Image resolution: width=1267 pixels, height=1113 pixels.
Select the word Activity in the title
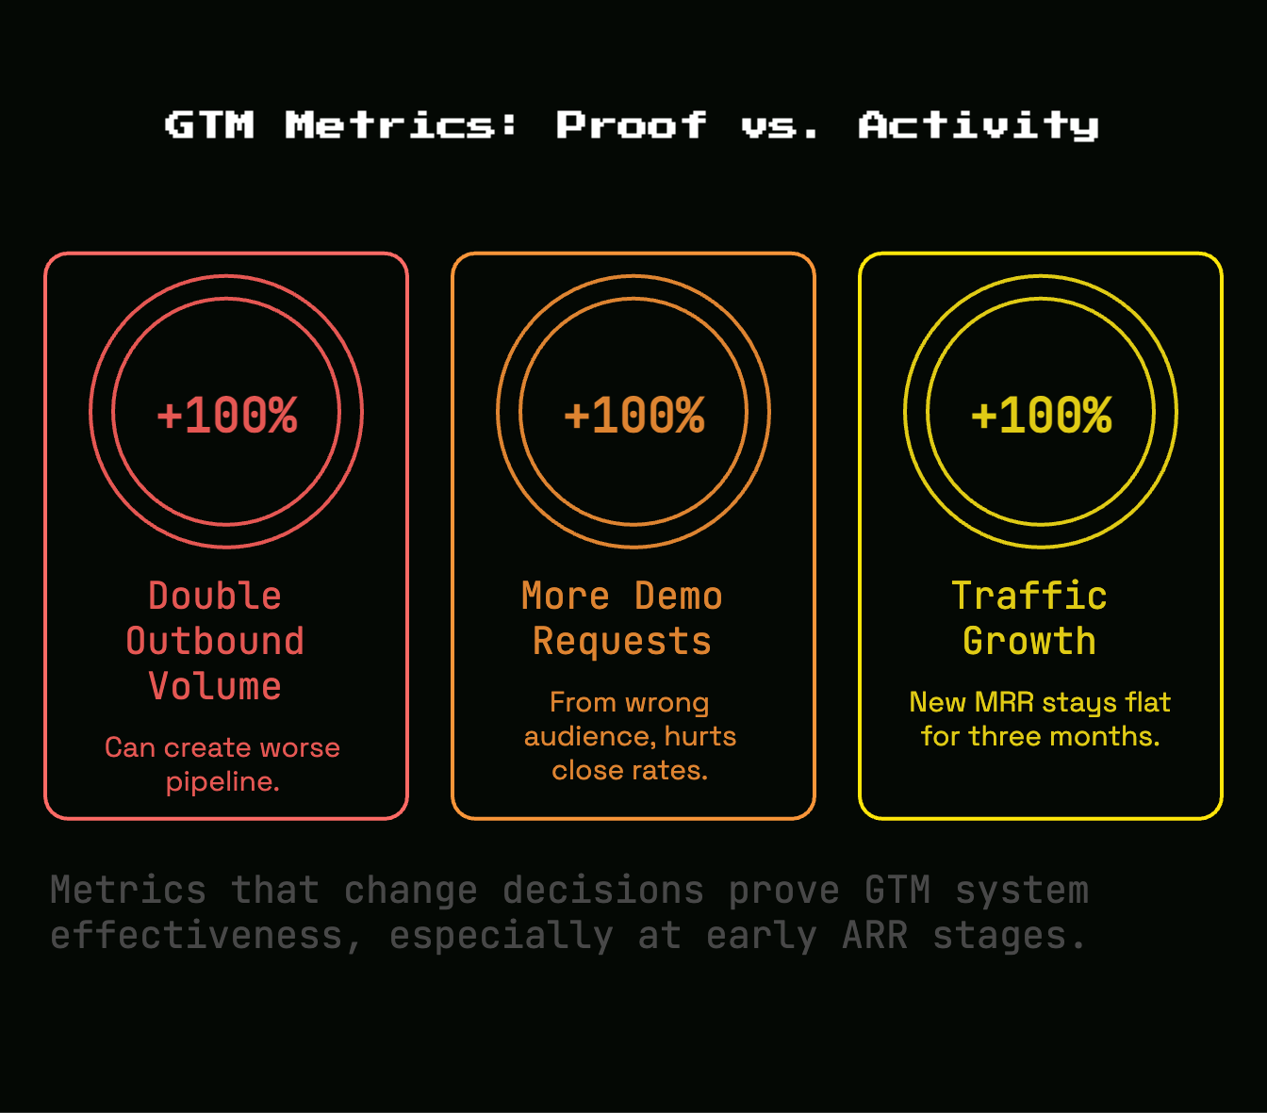coord(979,125)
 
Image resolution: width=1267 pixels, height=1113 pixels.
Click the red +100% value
coord(227,416)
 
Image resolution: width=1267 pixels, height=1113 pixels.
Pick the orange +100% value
coord(634,416)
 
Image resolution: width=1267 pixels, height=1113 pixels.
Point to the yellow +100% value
coord(1042,416)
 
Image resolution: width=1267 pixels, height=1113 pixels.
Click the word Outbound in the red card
coord(215,641)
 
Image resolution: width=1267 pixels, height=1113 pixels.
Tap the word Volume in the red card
coord(215,686)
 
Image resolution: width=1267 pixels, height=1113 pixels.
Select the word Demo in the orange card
coord(678,596)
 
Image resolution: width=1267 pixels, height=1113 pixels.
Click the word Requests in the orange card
coord(622,642)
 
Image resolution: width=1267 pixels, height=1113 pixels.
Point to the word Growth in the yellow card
coord(1029,641)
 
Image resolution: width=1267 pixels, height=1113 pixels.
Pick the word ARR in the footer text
coord(875,936)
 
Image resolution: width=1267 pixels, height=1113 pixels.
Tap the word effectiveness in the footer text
coord(196,936)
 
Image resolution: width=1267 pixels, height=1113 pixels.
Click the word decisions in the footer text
coord(603,891)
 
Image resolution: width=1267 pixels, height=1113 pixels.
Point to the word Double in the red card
coord(215,596)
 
